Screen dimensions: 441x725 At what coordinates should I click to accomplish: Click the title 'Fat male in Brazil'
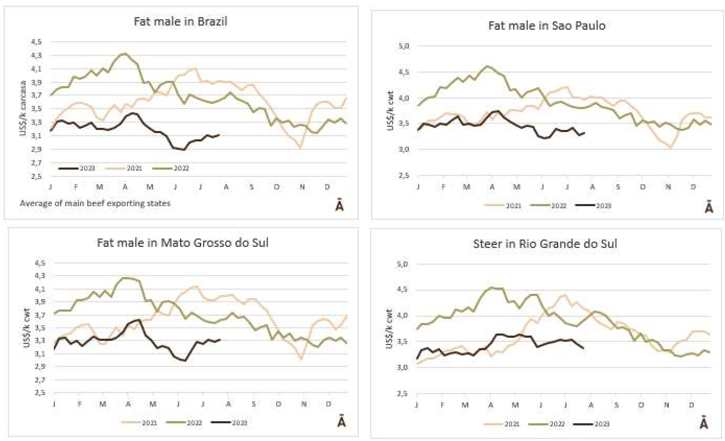[180, 21]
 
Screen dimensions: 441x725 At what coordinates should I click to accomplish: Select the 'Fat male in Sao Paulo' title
[546, 26]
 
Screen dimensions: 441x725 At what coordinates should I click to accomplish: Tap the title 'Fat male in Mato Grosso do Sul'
[183, 243]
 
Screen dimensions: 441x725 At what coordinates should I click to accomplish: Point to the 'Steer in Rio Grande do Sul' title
[545, 244]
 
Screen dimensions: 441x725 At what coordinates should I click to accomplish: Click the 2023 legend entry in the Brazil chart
[77, 168]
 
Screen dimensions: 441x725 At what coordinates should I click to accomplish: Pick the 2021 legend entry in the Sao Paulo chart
[503, 205]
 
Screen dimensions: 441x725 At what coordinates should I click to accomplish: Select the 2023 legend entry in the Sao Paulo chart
[593, 205]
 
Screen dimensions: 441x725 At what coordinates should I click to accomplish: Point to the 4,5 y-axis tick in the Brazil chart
[37, 42]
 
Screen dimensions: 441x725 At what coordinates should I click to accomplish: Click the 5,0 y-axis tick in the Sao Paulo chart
[404, 46]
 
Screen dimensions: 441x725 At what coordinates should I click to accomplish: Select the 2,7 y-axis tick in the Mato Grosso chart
[40, 380]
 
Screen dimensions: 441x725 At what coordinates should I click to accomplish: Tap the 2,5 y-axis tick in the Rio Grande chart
[402, 393]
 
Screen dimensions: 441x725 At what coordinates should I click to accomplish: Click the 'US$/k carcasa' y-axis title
[23, 108]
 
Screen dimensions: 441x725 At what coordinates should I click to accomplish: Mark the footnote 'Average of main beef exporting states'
[95, 203]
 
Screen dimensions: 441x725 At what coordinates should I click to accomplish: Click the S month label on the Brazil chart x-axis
[252, 187]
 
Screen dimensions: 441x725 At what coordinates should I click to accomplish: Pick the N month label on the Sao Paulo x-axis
[668, 187]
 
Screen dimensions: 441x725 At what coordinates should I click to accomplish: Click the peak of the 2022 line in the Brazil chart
[125, 54]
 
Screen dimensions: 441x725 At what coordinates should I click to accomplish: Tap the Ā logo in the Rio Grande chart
[704, 423]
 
